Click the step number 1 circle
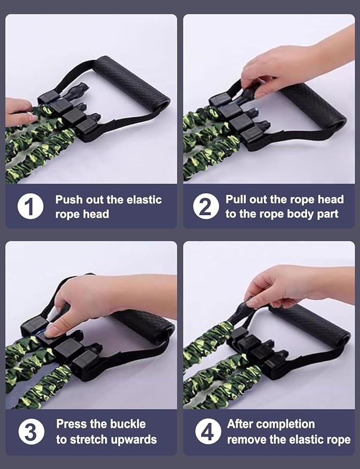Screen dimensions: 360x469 coord(30,206)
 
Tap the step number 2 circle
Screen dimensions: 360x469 coord(206,206)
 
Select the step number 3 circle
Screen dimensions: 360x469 coord(31,432)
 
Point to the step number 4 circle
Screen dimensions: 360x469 coord(208,432)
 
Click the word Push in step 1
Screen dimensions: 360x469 coord(69,200)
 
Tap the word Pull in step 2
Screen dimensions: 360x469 coord(236,199)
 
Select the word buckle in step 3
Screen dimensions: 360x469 coord(128,424)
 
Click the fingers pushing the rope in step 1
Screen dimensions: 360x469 coord(19,112)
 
